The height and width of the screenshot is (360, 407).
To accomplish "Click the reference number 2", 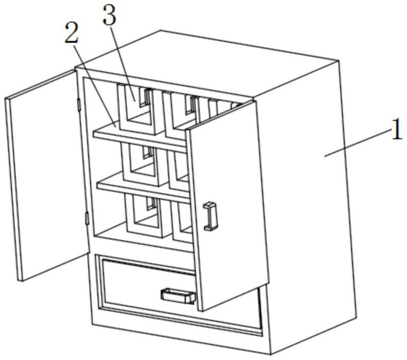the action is [x=72, y=34].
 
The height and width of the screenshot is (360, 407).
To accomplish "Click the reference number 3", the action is [x=109, y=15].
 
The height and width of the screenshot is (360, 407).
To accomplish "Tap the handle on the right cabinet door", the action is [x=210, y=216].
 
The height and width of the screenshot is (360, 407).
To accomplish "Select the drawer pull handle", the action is [x=178, y=296].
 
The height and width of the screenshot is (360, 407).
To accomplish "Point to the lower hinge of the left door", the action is [x=86, y=219].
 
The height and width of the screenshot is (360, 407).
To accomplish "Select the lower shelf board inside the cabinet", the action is [x=142, y=188].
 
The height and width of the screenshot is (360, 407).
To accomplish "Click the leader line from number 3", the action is [x=122, y=61].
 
